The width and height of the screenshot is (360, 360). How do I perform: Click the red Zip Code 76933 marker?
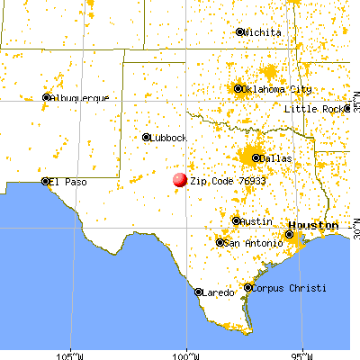coord(180,181)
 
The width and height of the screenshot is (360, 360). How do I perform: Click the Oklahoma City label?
coord(278,89)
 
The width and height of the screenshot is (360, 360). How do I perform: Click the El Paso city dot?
coord(45,181)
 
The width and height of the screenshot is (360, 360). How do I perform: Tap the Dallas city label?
coord(277,158)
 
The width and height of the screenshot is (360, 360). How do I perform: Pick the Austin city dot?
coord(237,220)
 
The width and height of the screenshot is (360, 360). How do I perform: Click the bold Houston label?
coord(313,224)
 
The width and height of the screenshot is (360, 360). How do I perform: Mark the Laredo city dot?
coord(199,292)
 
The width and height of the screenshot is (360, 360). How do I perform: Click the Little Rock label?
coord(314,109)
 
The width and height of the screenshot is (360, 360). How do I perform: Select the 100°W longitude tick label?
coord(186,354)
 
